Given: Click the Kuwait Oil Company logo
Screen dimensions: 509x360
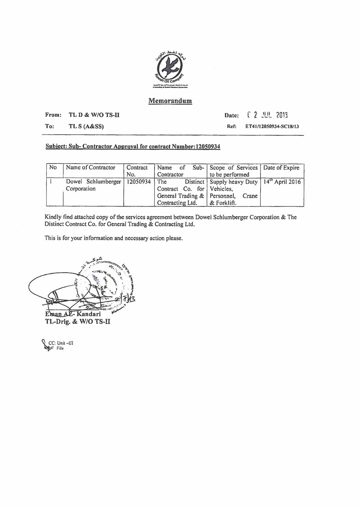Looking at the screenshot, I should pyautogui.click(x=170, y=69).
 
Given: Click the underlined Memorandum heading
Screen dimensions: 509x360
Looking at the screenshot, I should pyautogui.click(x=170, y=101).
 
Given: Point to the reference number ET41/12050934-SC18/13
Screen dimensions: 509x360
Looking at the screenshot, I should pyautogui.click(x=272, y=127).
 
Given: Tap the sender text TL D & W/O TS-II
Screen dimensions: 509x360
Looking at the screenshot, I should pyautogui.click(x=94, y=115).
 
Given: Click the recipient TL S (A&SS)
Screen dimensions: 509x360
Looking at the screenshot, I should pyautogui.click(x=85, y=127).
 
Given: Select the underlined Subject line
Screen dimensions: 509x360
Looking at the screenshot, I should pyautogui.click(x=133, y=146).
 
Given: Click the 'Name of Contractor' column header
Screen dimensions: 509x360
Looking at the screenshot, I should pyautogui.click(x=90, y=168).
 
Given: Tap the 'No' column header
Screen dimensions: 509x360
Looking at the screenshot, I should pyautogui.click(x=53, y=168).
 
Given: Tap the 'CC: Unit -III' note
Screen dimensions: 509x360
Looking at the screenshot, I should pyautogui.click(x=61, y=343).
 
